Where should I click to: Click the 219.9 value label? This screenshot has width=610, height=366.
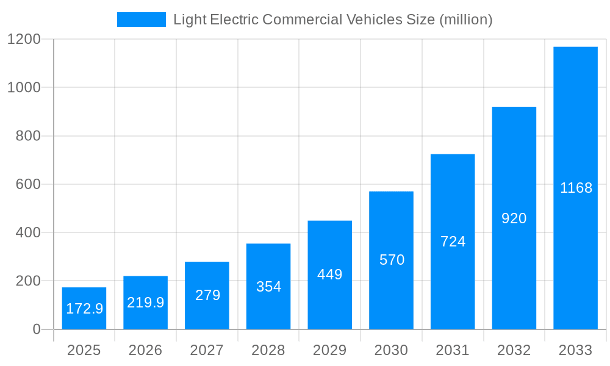click(x=145, y=303)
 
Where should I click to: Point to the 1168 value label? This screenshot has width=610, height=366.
click(x=576, y=188)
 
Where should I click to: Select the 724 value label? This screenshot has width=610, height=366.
click(x=453, y=242)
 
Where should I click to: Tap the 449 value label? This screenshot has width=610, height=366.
click(x=329, y=274)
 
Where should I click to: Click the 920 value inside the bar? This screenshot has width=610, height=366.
click(x=514, y=218)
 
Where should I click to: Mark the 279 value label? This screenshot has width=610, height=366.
click(x=207, y=295)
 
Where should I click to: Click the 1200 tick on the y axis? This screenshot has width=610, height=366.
click(x=24, y=39)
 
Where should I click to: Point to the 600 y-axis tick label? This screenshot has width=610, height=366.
click(x=28, y=184)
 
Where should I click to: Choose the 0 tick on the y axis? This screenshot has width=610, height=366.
click(x=36, y=329)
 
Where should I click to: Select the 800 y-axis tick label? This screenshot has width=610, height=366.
click(x=28, y=136)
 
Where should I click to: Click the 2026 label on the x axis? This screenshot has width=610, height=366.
click(x=145, y=350)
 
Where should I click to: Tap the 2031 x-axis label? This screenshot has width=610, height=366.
click(x=453, y=350)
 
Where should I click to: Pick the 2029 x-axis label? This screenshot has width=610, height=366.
click(x=329, y=350)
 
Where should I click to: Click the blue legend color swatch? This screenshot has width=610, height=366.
click(x=142, y=20)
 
